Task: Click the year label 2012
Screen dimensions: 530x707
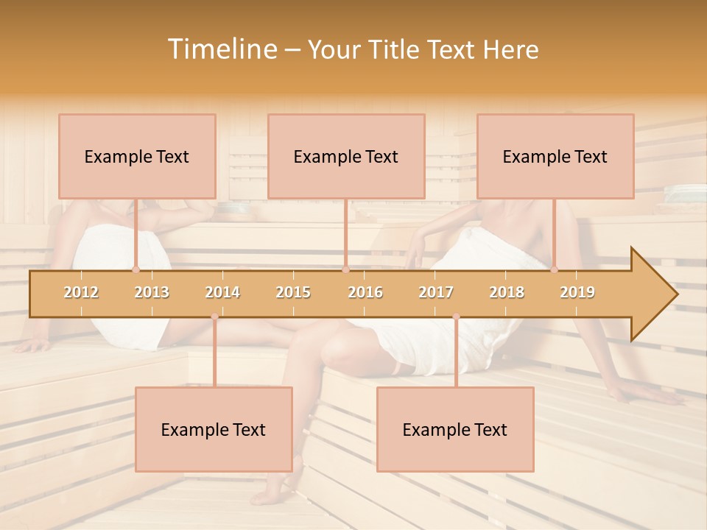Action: [81, 292]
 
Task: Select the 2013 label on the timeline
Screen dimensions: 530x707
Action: [152, 292]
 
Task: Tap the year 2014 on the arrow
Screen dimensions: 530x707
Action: [222, 292]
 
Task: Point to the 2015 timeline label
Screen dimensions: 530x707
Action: [293, 292]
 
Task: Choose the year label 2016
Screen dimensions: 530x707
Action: [365, 292]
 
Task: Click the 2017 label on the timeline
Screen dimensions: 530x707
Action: [436, 292]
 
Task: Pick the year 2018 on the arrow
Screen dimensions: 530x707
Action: [507, 292]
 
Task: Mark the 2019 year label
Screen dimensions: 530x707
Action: [577, 292]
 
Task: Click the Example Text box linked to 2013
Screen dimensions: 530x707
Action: [137, 156]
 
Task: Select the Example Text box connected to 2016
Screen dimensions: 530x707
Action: [346, 156]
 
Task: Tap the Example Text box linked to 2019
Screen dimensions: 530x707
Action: [555, 156]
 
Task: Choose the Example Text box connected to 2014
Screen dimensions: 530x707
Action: [214, 429]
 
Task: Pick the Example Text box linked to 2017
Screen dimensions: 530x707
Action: [455, 429]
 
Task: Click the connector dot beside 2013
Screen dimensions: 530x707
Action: [136, 269]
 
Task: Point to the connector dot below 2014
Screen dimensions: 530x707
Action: [214, 317]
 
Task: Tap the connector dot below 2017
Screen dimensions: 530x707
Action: [456, 317]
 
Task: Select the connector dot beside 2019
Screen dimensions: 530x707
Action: [555, 269]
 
